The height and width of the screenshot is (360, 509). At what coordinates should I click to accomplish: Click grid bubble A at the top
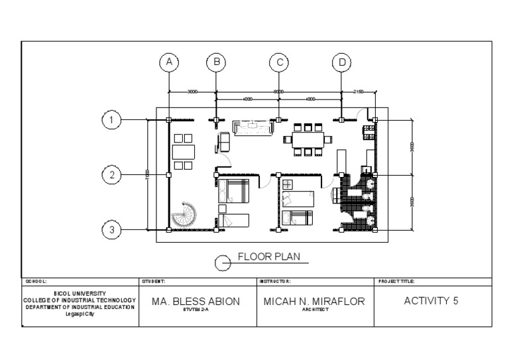[169, 62]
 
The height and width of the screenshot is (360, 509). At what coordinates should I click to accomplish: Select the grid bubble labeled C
[279, 62]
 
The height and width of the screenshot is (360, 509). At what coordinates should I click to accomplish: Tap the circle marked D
[341, 62]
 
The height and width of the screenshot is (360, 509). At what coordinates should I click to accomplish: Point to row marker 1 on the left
[111, 120]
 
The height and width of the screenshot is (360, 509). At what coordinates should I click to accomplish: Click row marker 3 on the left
[111, 230]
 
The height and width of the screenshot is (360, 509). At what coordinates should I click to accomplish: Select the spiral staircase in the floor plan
[183, 216]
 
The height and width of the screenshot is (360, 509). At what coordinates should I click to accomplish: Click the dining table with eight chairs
[306, 139]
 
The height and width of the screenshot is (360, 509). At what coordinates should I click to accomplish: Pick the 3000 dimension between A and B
[192, 91]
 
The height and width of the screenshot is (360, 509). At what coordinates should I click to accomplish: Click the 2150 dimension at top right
[358, 91]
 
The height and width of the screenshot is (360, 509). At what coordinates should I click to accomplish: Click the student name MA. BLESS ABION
[196, 301]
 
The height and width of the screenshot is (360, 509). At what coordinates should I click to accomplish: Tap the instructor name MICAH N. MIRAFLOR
[315, 301]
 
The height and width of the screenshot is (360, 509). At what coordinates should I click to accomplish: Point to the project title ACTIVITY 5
[431, 300]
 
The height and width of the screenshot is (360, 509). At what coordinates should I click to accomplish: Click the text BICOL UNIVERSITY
[80, 292]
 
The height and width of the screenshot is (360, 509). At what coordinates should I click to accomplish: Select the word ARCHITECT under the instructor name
[315, 310]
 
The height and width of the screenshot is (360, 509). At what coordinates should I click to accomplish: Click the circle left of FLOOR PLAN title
[223, 264]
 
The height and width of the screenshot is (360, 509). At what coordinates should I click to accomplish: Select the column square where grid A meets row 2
[169, 175]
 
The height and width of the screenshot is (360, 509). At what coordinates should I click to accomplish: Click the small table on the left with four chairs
[182, 151]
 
